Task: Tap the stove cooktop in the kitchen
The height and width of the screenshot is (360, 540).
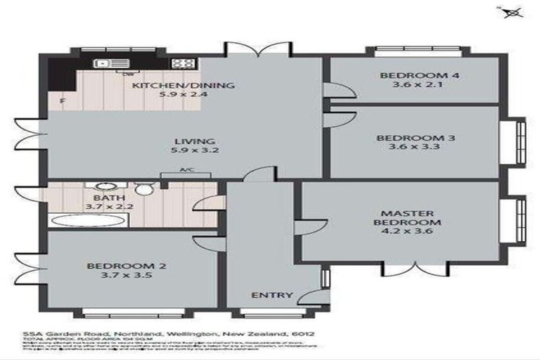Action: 183,63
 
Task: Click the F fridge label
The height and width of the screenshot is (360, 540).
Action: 63,102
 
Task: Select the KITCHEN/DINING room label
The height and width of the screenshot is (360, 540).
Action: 184,86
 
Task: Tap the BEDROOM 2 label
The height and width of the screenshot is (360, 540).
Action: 117,266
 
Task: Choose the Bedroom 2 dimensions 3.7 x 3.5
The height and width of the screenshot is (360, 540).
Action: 117,276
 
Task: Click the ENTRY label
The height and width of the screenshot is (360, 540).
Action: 271,295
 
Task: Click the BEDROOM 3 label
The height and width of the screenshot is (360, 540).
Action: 415,138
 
